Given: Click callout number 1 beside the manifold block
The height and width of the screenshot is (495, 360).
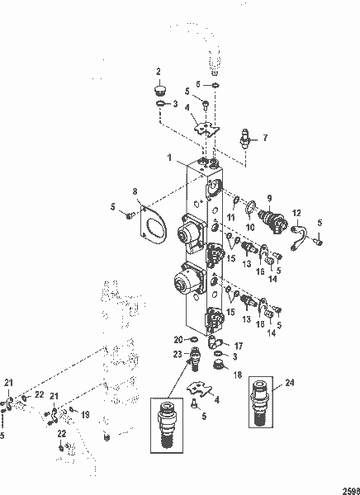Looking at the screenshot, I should pos(169,157).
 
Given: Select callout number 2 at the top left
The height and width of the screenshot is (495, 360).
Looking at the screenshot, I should pos(159,72).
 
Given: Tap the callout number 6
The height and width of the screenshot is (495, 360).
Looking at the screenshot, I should pos(197,84).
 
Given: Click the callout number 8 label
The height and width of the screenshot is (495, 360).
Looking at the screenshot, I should pos(135,194).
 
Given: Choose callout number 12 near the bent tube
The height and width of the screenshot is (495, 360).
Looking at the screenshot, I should pos(297,214).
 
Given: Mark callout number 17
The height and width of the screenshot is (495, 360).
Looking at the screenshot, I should pos(239,346).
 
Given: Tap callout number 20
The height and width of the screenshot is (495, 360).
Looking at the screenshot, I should pos(178,339).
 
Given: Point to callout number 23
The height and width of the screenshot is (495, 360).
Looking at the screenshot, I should pos(177,356).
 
